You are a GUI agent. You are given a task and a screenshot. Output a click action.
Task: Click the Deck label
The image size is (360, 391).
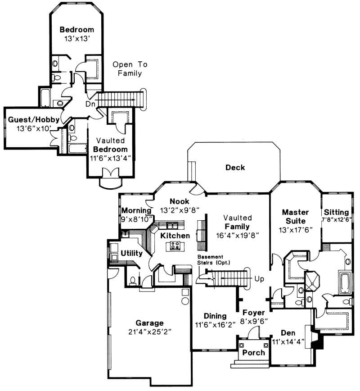pos(235,168)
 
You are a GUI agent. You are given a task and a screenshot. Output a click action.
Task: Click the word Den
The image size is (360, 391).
pos(288,333)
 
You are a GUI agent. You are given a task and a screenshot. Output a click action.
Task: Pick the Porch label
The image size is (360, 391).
pos(254,352)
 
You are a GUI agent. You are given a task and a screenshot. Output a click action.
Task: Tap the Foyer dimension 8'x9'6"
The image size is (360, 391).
pos(254,321)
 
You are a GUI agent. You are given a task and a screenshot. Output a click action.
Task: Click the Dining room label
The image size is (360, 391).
pos(215,316)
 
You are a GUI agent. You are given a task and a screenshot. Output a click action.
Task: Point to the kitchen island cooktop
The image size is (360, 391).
pos(175,246)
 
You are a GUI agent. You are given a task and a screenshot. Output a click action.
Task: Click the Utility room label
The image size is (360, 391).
pos(131,253)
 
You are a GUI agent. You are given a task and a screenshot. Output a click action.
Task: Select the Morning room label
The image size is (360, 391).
pos(136,211)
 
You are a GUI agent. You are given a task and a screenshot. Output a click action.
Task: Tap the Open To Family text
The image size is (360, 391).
pos(130,69)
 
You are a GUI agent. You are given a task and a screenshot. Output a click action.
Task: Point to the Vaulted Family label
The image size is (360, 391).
pos(239,222)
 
